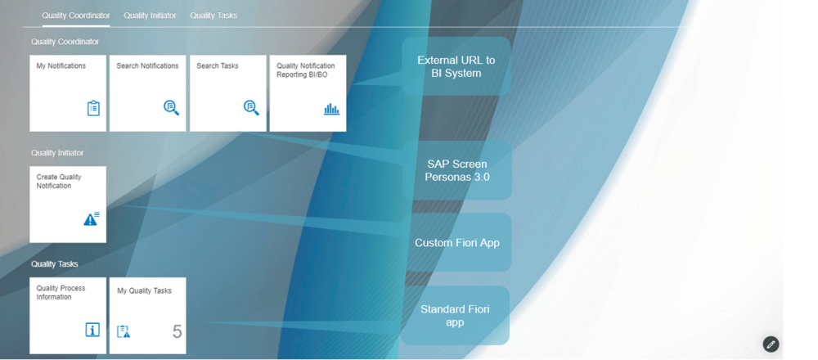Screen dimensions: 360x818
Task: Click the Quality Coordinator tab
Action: (76, 16)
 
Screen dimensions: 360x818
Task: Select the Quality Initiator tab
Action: (150, 16)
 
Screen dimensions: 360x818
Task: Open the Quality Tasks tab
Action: (213, 16)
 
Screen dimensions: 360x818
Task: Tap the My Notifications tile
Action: (68, 93)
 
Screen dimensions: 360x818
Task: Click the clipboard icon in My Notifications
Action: (93, 108)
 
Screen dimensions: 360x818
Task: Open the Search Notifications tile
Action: (148, 93)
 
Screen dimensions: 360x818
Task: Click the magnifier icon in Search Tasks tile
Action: (251, 108)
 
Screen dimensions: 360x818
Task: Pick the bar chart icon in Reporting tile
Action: (331, 108)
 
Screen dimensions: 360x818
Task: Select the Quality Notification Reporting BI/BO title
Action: (306, 70)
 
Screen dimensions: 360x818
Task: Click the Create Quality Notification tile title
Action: (59, 182)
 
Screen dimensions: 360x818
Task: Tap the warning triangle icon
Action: (91, 218)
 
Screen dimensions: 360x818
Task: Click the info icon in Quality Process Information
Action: (92, 330)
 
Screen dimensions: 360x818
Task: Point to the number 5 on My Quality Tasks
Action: (177, 331)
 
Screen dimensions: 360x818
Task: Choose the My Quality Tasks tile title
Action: (144, 290)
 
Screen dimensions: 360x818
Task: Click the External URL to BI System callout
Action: (456, 67)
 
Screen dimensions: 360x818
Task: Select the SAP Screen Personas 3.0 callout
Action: (456, 170)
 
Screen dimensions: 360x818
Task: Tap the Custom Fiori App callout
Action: (456, 243)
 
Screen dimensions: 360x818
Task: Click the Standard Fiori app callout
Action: (455, 316)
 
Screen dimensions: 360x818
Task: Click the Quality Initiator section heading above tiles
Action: (57, 153)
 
